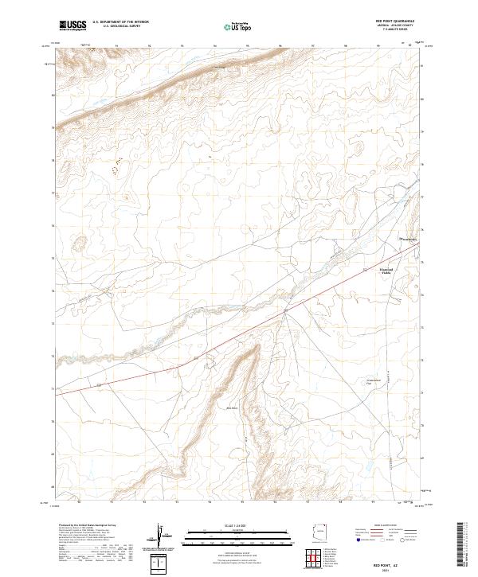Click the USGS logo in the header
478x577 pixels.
[72, 25]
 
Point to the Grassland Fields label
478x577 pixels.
[386, 271]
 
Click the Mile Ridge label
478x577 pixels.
[233, 409]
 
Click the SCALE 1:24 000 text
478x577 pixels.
[238, 525]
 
